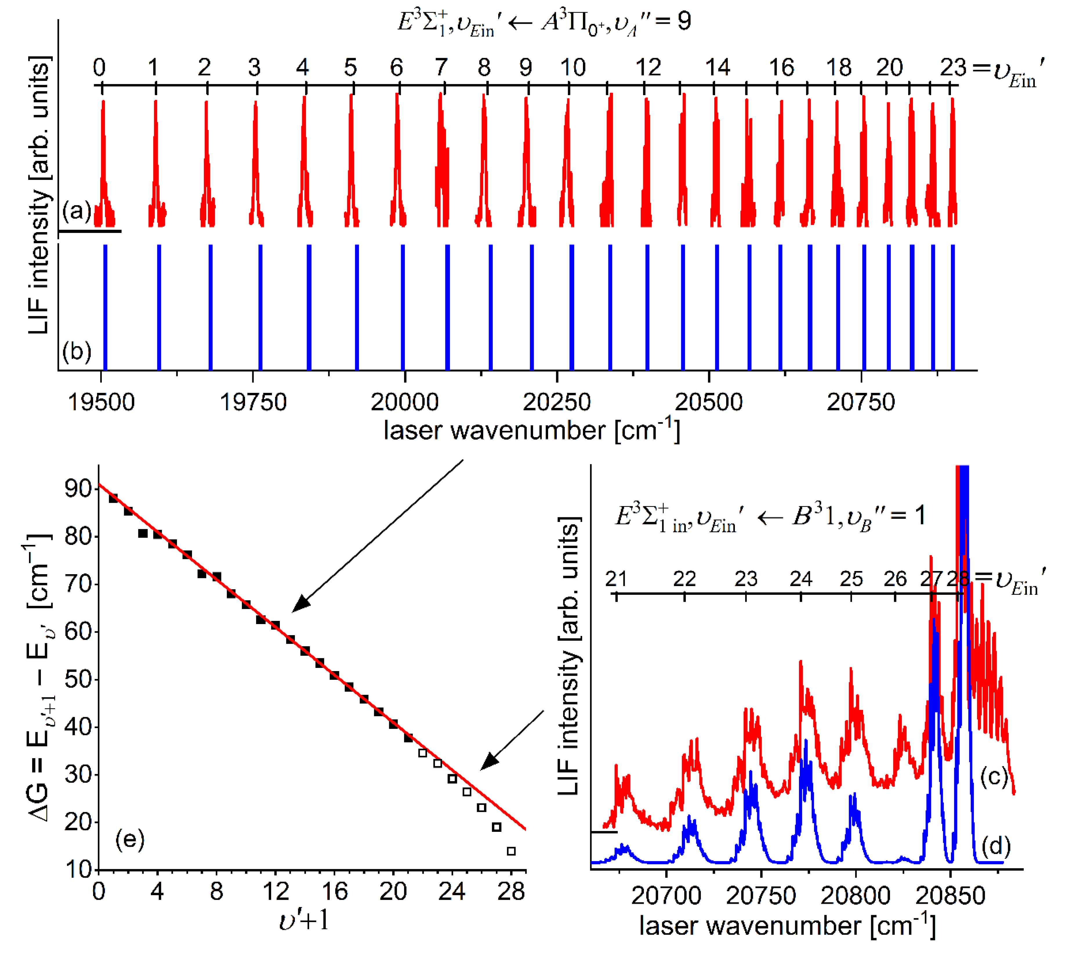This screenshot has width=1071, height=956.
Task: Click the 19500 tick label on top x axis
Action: click(x=101, y=402)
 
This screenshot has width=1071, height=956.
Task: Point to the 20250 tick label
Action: click(x=557, y=402)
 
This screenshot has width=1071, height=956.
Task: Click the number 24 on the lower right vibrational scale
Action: click(x=801, y=579)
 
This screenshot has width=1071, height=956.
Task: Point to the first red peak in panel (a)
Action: click(x=104, y=158)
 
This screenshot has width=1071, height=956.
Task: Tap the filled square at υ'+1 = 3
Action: click(x=143, y=534)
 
